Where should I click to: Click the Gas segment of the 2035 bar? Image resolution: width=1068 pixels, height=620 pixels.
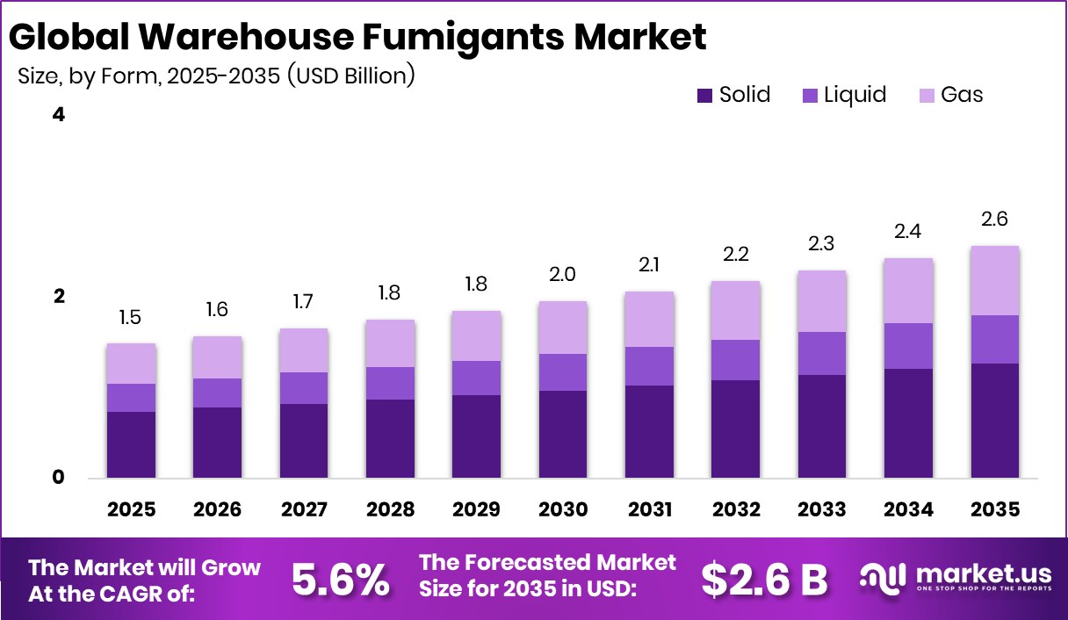coord(995,280)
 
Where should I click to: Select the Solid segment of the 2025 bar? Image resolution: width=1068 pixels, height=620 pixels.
coord(131,444)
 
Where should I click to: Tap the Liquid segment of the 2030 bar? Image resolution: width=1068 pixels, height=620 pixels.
coord(563,372)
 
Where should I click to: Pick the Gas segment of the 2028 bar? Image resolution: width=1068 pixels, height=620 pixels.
coord(390,343)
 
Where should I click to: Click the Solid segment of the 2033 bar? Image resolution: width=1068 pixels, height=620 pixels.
coord(822,426)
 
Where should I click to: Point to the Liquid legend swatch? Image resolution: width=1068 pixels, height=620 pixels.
coord(810,95)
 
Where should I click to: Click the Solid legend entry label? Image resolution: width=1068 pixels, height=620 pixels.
coord(745,95)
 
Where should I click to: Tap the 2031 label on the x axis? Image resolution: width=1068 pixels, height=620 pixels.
coord(649,510)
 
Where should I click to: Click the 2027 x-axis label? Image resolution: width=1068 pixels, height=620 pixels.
coord(304,510)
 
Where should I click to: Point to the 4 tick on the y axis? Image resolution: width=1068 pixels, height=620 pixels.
coord(60,115)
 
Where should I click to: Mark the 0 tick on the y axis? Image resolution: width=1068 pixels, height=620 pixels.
coord(60,478)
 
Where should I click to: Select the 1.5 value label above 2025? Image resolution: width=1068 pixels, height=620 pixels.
coord(131,318)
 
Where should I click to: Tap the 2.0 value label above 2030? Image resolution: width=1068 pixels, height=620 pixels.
coord(563,275)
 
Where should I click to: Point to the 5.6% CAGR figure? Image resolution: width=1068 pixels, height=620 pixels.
coord(340,579)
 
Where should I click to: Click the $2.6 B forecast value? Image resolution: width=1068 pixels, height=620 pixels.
coord(764,579)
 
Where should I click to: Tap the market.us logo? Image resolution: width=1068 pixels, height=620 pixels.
coord(956,577)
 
